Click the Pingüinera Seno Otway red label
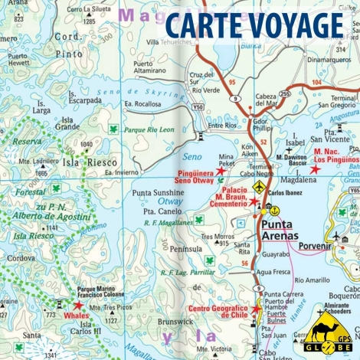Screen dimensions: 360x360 (x=195, y=175)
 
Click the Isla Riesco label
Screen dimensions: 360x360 (x=83, y=162)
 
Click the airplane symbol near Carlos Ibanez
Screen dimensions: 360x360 (x=259, y=187)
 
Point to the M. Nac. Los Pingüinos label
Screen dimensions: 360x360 (x=335, y=157)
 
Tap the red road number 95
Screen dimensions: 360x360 (x=231, y=80)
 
